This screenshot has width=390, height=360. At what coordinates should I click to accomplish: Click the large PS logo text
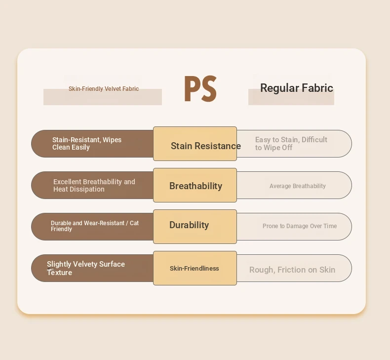pyautogui.click(x=200, y=89)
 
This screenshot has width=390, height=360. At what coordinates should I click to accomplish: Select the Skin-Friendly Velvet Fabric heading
pyautogui.click(x=104, y=89)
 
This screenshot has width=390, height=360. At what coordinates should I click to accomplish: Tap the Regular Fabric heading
pyautogui.click(x=297, y=88)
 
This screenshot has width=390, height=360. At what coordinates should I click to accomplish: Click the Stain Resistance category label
pyautogui.click(x=206, y=146)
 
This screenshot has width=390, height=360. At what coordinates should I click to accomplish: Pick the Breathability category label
pyautogui.click(x=196, y=186)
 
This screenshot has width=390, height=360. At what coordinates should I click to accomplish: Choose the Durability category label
pyautogui.click(x=189, y=225)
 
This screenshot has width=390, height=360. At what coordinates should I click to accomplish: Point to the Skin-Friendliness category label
pyautogui.click(x=194, y=268)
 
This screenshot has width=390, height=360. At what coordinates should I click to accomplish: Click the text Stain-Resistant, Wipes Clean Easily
pyautogui.click(x=87, y=144)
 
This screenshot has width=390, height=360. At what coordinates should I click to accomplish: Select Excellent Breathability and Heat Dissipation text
pyautogui.click(x=94, y=185)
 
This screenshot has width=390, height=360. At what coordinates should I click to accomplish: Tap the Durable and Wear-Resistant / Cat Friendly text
pyautogui.click(x=95, y=226)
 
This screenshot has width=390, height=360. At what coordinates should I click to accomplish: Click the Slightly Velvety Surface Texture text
pyautogui.click(x=86, y=268)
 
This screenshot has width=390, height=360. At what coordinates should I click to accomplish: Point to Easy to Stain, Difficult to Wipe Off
pyautogui.click(x=291, y=144)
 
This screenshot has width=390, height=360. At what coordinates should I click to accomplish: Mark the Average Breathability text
pyautogui.click(x=298, y=186)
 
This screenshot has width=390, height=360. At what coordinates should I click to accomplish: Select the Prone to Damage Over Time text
pyautogui.click(x=300, y=226)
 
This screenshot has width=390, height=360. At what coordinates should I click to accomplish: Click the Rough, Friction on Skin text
pyautogui.click(x=292, y=270)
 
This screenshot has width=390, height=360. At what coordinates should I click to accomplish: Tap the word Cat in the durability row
pyautogui.click(x=134, y=223)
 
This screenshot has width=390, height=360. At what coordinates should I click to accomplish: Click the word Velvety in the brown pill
pyautogui.click(x=82, y=264)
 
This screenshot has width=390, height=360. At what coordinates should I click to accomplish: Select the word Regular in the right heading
pyautogui.click(x=279, y=88)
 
